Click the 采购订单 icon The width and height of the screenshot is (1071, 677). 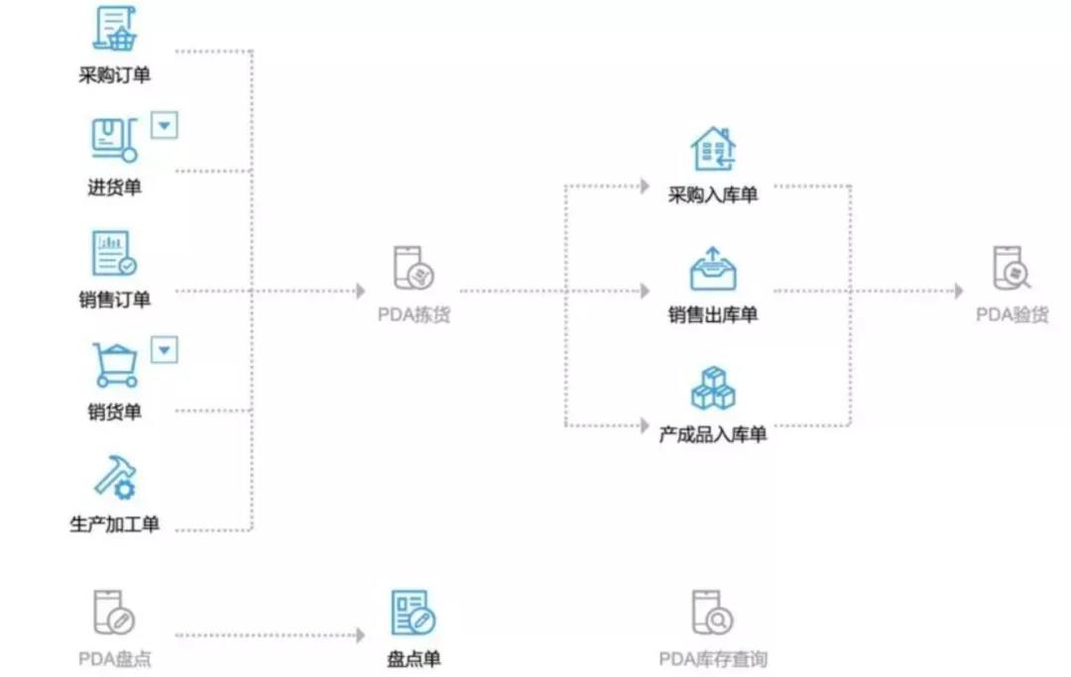115,28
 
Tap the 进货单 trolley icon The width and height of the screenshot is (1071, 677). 115,140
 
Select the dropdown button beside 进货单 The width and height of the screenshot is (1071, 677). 164,126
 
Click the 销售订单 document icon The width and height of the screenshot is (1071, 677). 114,253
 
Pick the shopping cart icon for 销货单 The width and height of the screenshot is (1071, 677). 115,365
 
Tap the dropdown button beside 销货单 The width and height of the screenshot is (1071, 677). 164,350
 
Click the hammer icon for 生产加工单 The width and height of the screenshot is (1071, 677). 115,478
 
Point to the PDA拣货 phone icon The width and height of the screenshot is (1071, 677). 414,268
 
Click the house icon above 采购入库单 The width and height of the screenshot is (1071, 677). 713,149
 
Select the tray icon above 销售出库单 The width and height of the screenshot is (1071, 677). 713,269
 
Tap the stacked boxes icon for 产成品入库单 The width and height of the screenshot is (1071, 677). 713,388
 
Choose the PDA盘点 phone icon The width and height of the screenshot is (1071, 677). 114,613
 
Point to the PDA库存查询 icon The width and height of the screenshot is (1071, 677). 712,613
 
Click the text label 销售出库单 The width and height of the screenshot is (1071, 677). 713,314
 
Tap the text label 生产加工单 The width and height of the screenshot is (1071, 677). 115,524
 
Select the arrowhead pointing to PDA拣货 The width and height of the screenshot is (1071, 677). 361,291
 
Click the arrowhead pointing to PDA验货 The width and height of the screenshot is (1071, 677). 959,291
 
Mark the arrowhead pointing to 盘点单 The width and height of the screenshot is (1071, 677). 361,635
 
